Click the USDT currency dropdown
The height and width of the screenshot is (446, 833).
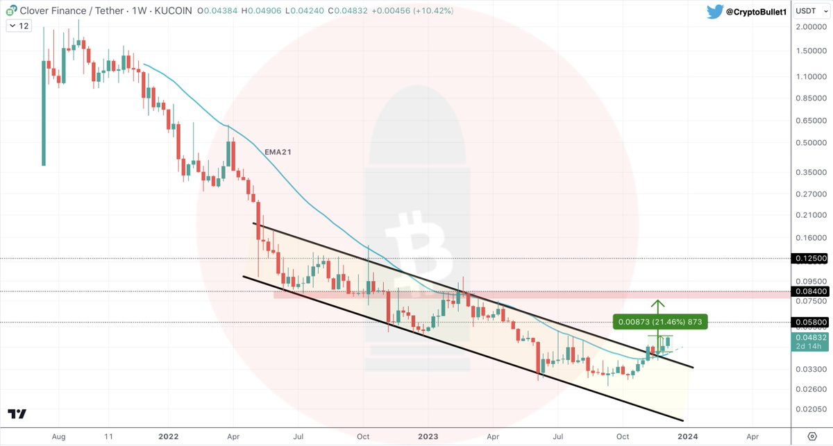pos(809,11)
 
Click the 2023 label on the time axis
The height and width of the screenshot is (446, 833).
pos(428,436)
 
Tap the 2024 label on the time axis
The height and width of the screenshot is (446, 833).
pos(687,436)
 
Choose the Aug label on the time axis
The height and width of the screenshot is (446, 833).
pos(59,436)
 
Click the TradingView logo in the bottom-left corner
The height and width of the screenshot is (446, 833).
pos(17,414)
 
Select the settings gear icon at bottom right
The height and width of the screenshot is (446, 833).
pos(813,436)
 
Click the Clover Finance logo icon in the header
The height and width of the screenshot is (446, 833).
pos(12,11)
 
